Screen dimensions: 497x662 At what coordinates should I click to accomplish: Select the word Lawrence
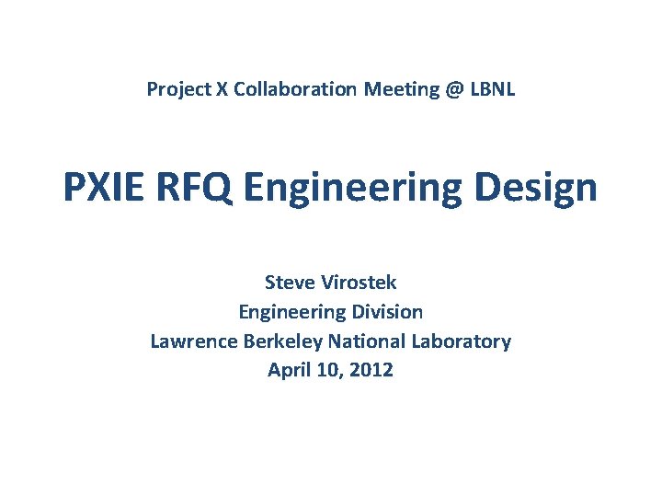[x=194, y=341]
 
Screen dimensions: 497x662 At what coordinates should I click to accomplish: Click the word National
[x=365, y=341]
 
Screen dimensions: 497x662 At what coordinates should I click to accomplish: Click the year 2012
[x=372, y=370]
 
